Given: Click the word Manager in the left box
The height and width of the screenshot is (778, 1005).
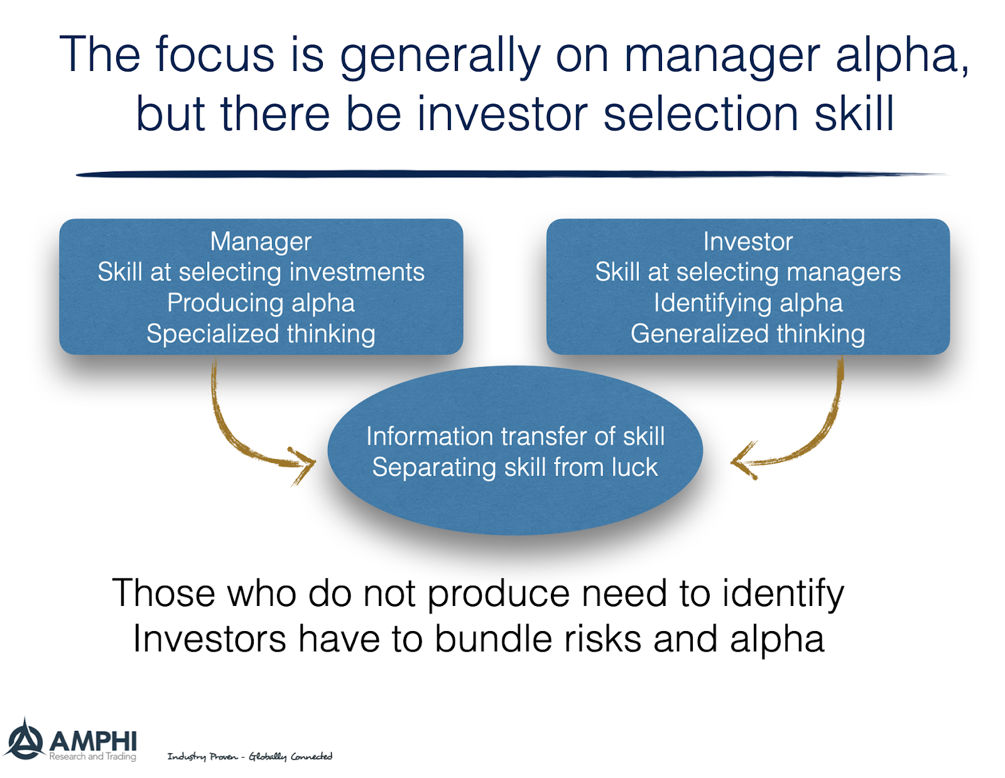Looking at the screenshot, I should (261, 242).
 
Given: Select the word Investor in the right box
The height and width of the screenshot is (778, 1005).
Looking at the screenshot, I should (747, 242).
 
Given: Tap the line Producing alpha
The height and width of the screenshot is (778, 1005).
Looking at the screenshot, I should (261, 303).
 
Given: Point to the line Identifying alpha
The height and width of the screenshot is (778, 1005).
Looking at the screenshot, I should (747, 303).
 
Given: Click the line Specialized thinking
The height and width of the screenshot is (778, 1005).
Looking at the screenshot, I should (261, 334).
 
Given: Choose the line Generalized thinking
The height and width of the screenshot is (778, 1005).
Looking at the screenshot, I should (747, 334).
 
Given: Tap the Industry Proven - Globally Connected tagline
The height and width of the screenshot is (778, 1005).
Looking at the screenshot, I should (249, 756).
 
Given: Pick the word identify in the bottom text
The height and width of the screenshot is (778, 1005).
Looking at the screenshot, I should (783, 593).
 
